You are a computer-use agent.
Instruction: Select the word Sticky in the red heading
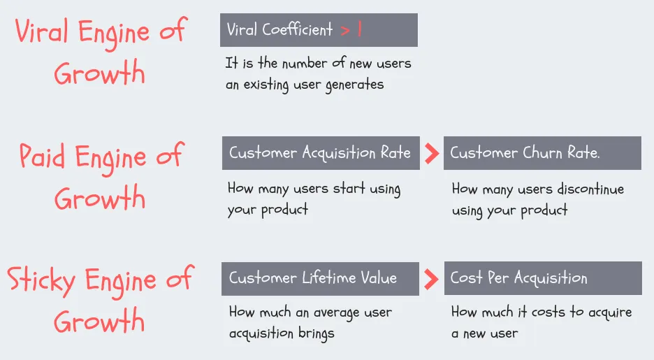tap(41, 280)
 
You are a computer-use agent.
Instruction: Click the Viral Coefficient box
tap(319, 30)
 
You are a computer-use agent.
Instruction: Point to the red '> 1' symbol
tap(351, 30)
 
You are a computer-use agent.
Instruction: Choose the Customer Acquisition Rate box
tap(321, 153)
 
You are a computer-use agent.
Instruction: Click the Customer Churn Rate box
tap(542, 153)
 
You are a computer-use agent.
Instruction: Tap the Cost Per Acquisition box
tap(542, 278)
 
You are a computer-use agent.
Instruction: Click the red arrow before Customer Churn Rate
tap(432, 153)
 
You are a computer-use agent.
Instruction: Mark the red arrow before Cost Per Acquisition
tap(432, 278)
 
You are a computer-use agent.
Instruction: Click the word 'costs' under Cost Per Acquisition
tap(548, 312)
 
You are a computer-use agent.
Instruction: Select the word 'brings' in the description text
tap(315, 333)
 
